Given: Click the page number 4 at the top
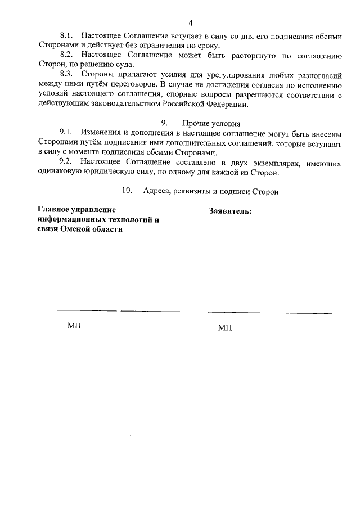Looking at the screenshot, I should click(190, 23).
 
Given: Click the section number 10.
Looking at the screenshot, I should click(127, 191).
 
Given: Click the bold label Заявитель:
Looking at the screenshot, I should click(230, 211).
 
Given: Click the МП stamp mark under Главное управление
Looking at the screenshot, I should click(74, 326).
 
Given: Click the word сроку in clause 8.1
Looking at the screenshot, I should click(209, 46).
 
